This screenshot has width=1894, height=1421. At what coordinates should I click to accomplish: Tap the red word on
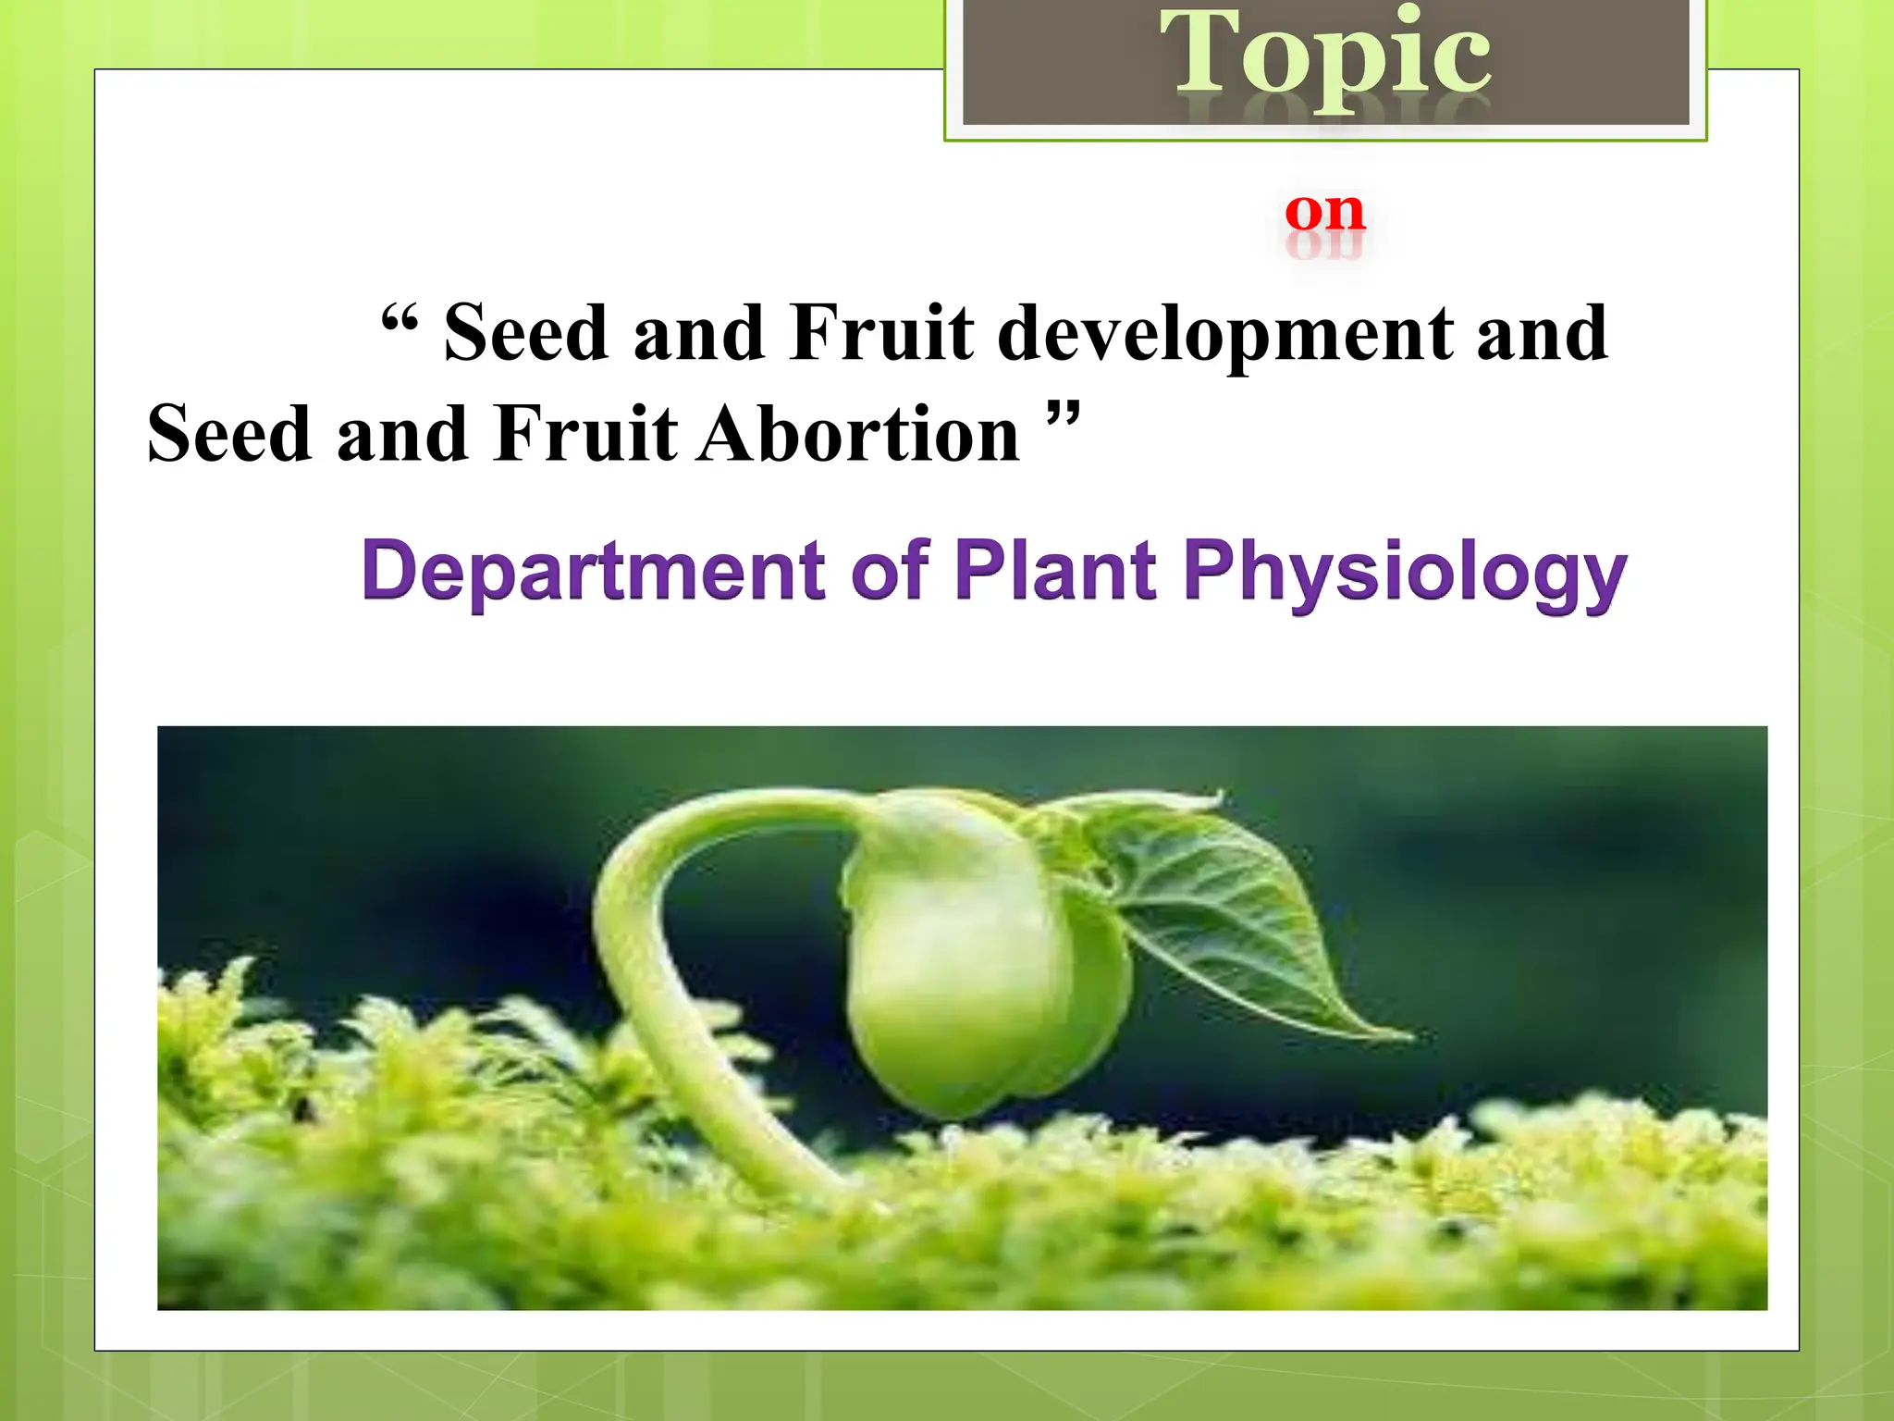1324,212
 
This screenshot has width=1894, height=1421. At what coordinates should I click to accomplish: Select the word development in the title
1224,335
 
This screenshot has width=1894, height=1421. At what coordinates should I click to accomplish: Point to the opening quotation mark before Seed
400,322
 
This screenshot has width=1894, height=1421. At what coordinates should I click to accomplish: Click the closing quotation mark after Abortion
1063,413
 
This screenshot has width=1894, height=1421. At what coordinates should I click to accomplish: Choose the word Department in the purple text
593,571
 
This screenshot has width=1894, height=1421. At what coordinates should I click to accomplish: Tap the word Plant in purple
1055,571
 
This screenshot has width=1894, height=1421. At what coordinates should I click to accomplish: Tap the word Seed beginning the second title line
228,434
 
